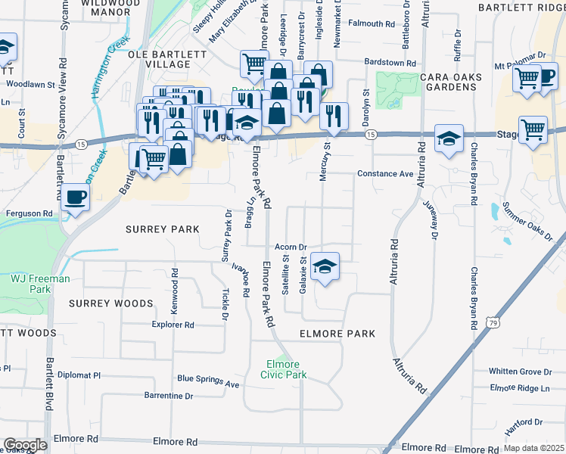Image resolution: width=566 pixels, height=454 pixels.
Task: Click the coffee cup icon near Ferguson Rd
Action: [75, 198]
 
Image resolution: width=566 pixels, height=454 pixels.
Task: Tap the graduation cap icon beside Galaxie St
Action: [325, 267]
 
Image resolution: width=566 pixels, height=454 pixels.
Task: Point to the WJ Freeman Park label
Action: [40, 284]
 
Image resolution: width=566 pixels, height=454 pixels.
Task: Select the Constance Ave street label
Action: [386, 174]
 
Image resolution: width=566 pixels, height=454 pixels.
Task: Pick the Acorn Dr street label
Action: [291, 247]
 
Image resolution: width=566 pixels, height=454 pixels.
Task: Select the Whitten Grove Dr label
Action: [521, 372]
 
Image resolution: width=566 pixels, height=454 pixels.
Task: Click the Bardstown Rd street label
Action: [390, 64]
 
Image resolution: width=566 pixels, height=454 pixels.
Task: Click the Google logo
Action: [25, 444]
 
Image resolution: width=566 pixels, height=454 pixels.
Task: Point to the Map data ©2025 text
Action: [533, 448]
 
